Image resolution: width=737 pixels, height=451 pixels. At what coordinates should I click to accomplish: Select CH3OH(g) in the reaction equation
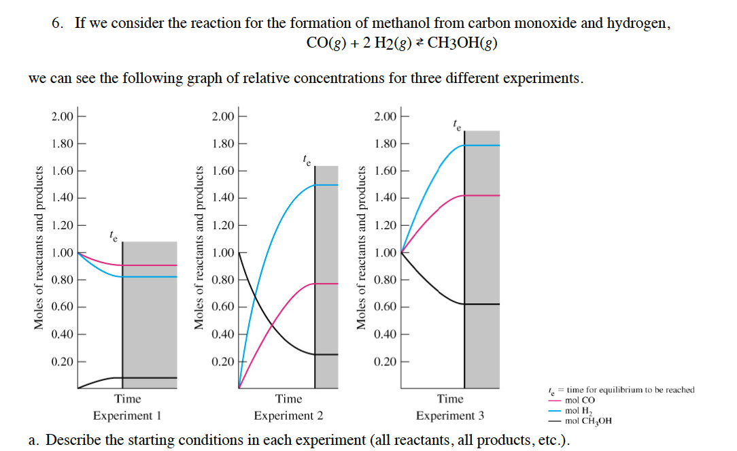coord(462,44)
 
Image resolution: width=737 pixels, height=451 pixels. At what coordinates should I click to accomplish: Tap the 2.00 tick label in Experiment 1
coord(62,116)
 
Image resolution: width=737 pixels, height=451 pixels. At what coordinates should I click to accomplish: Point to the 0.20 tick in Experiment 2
coord(223,361)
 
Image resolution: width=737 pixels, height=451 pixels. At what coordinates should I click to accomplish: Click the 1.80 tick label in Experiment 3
coord(385,144)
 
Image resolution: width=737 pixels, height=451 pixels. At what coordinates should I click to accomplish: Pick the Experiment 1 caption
coord(127,416)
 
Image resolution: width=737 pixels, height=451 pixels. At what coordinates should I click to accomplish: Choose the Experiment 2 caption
coord(288,416)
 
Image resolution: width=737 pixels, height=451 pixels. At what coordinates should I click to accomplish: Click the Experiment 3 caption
coord(450,416)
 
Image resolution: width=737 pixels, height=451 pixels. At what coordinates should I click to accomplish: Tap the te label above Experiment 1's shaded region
coord(113,237)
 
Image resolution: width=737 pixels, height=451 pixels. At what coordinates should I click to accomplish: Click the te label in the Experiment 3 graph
coord(456,124)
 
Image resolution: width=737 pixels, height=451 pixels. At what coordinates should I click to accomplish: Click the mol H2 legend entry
coord(580,411)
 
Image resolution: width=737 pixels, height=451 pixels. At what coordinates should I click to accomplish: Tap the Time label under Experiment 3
coord(450,399)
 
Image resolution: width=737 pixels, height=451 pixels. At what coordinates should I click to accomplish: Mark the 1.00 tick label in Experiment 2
coord(223,253)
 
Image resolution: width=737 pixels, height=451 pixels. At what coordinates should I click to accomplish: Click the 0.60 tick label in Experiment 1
coord(62,307)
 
